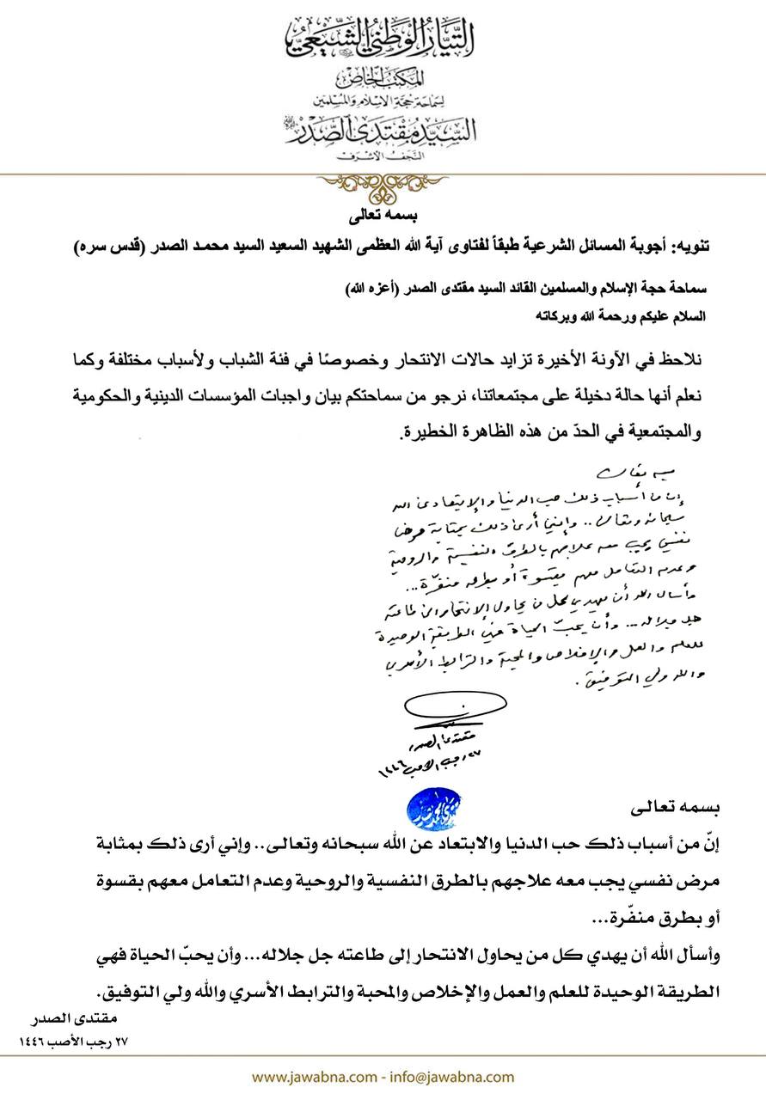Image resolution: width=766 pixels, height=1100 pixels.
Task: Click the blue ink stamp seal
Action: tap(435, 805)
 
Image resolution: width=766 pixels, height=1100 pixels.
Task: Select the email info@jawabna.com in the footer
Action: tap(464, 1076)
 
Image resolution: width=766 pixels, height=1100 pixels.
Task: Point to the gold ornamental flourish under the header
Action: tap(383, 183)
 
